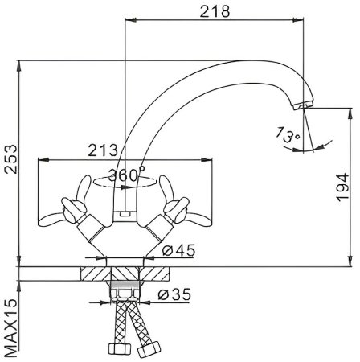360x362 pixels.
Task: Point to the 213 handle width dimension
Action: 104,150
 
